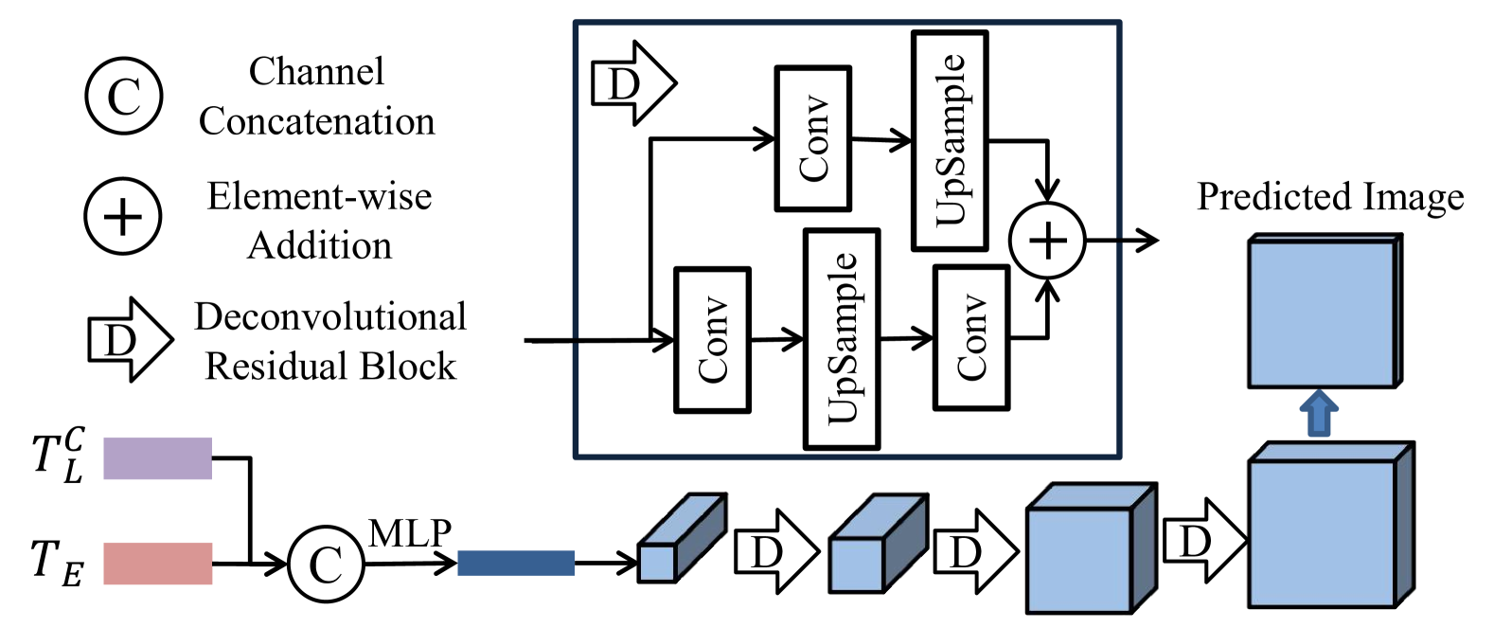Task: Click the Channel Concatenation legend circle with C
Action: tap(124, 96)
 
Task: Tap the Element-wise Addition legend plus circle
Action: tap(123, 216)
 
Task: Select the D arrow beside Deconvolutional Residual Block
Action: tap(131, 340)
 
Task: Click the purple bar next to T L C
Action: tap(157, 458)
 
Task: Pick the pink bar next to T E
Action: tap(157, 564)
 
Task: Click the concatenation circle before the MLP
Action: tap(326, 564)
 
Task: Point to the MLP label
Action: tap(410, 532)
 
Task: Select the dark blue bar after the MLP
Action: tap(516, 563)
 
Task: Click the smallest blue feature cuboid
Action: tap(682, 538)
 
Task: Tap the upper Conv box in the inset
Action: tap(812, 139)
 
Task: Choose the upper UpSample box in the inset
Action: tap(950, 141)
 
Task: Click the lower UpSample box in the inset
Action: tap(842, 339)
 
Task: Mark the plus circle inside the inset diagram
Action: tap(1048, 241)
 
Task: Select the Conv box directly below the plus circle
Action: tap(971, 337)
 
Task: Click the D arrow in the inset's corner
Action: tap(634, 83)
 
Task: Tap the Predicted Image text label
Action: tap(1330, 197)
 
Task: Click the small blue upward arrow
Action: tap(1319, 414)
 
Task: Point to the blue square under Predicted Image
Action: tap(1325, 311)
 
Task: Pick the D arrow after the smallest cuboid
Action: tap(776, 551)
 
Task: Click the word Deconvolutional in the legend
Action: tap(330, 316)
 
